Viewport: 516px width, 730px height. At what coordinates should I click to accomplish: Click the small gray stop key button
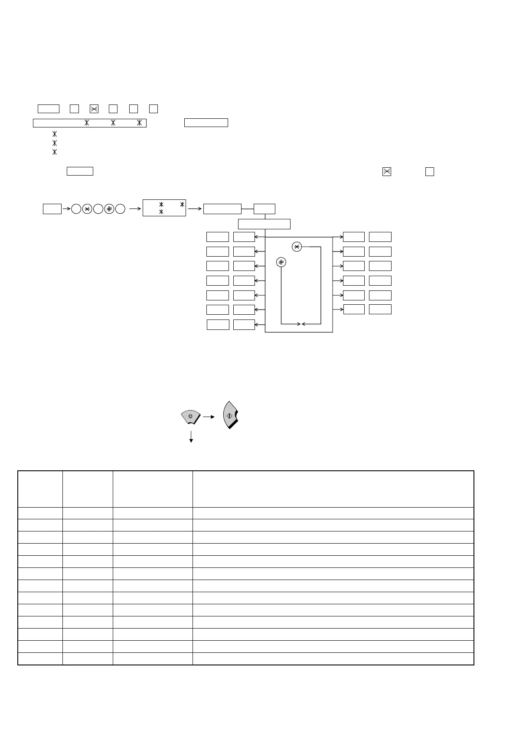click(x=190, y=417)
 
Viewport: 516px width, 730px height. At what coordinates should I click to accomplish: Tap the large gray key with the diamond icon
click(x=231, y=415)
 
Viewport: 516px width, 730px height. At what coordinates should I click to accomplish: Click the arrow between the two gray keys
click(x=209, y=417)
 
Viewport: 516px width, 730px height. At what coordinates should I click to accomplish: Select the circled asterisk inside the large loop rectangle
click(x=297, y=247)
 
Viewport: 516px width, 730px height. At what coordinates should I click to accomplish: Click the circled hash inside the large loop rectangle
click(x=281, y=262)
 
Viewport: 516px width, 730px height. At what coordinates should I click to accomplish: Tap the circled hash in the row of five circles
click(x=109, y=209)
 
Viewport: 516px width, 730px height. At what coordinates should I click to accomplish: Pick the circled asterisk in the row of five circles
click(x=87, y=209)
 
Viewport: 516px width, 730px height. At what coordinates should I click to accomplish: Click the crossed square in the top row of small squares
click(x=94, y=108)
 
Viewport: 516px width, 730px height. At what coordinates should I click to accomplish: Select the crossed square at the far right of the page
click(x=387, y=172)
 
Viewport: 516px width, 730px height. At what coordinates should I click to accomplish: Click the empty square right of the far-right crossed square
click(x=429, y=172)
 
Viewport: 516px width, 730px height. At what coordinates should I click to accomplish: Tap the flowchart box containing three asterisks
click(x=164, y=209)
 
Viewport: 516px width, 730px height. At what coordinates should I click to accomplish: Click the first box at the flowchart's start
click(x=52, y=209)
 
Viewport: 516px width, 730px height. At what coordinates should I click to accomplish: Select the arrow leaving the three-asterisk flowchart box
click(x=196, y=209)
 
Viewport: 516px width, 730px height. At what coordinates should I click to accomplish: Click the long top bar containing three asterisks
click(x=90, y=123)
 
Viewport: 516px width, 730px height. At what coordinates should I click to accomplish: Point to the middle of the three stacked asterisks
click(x=55, y=143)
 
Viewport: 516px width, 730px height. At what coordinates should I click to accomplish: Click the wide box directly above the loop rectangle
click(x=264, y=224)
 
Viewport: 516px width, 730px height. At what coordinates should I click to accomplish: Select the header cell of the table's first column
click(x=40, y=489)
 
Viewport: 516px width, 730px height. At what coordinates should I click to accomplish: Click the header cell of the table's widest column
click(x=333, y=489)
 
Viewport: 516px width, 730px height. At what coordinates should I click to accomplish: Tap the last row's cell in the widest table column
click(x=333, y=658)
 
